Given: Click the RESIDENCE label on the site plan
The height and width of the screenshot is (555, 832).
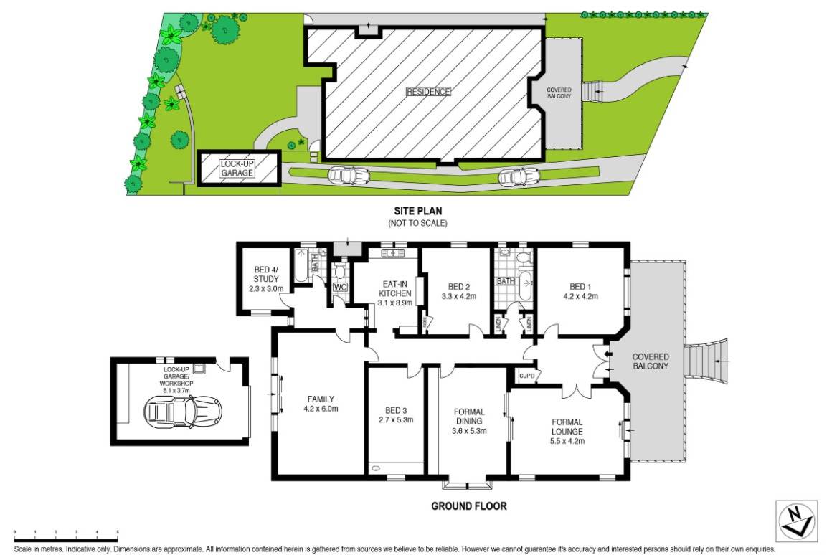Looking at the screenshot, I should tap(429, 92).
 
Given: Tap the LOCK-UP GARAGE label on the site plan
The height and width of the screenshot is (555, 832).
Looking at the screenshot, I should tap(238, 169).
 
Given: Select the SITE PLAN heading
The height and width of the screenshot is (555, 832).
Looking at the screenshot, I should tap(417, 211).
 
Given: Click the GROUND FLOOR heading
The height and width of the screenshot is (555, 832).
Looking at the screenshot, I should tap(468, 506).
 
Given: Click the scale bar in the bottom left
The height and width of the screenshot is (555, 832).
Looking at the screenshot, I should tap(66, 537).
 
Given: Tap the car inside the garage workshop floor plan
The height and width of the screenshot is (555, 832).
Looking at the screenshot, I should tap(183, 412).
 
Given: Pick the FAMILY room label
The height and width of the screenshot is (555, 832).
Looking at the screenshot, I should tap(321, 399).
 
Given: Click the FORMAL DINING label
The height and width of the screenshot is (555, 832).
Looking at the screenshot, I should tap(469, 417).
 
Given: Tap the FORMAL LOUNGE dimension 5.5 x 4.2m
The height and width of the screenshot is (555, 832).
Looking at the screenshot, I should tap(567, 442).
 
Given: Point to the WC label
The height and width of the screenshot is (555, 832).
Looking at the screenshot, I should tap(340, 288).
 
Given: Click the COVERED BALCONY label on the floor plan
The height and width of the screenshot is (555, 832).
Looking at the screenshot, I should tap(651, 361).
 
